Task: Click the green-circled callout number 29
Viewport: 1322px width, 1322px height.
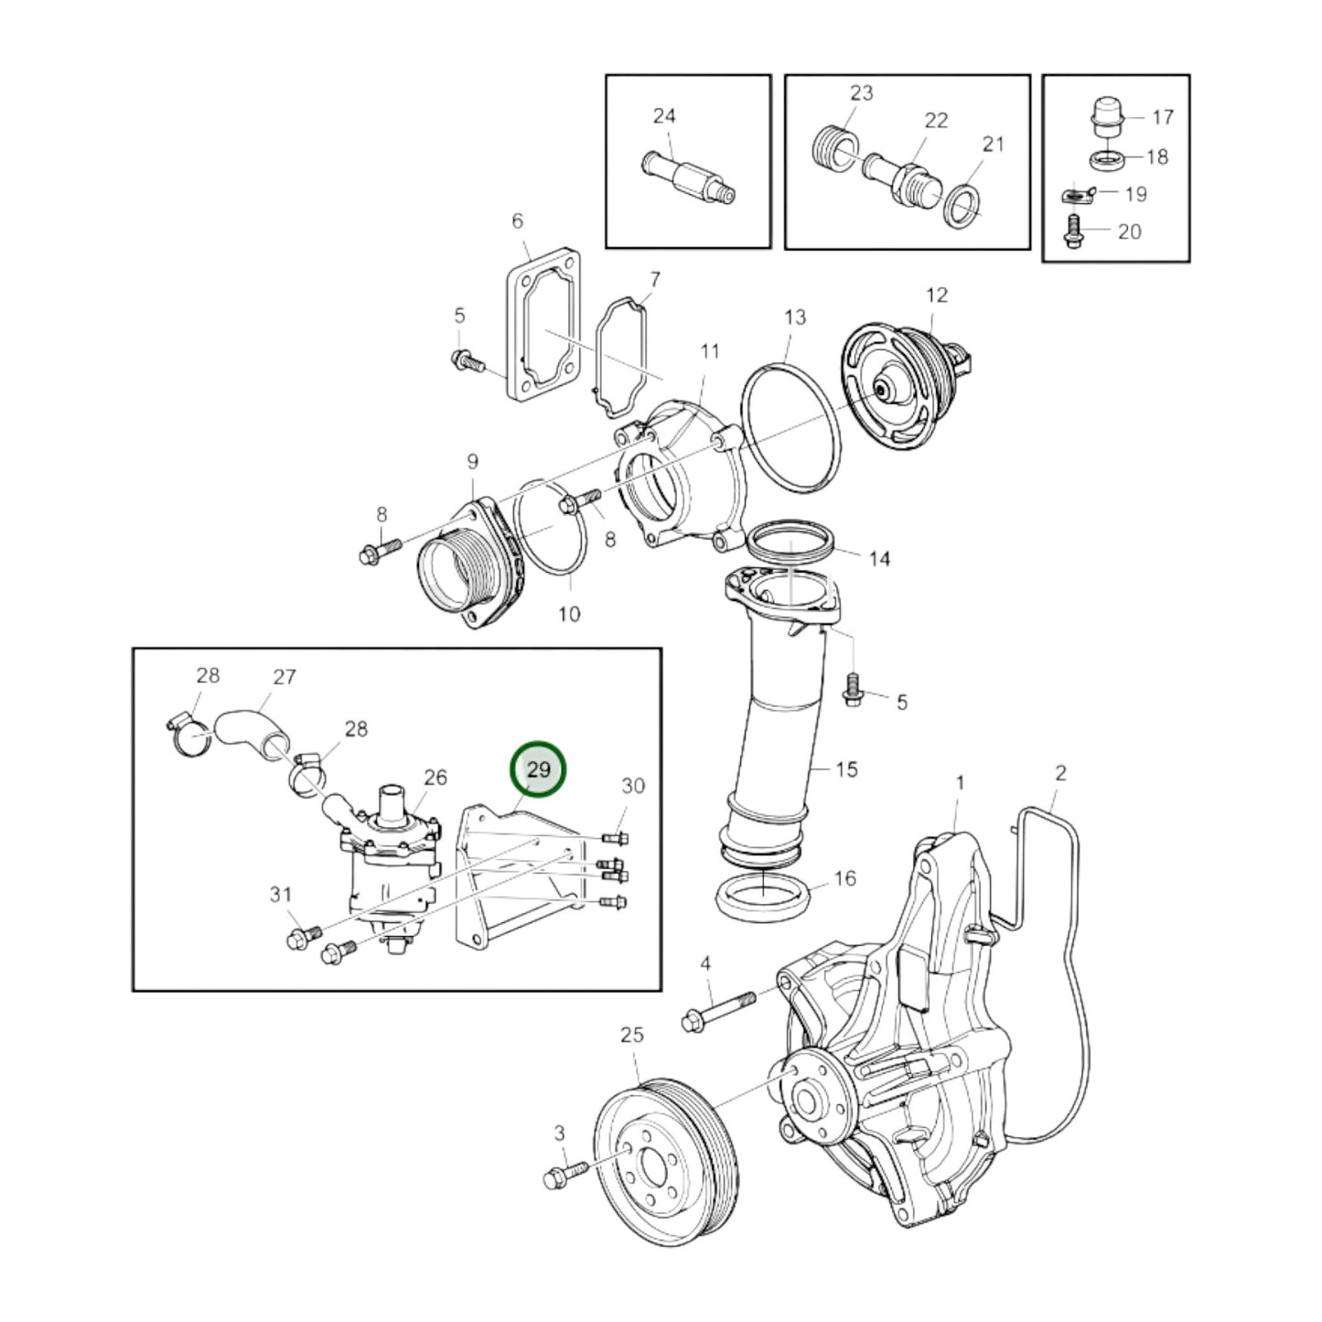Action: pyautogui.click(x=539, y=769)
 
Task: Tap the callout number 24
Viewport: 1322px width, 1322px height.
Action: pyautogui.click(x=663, y=116)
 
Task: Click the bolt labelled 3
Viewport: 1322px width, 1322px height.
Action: pyautogui.click(x=564, y=1175)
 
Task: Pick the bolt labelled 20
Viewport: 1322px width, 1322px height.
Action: pyautogui.click(x=1072, y=231)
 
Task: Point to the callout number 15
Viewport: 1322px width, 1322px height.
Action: pyautogui.click(x=846, y=769)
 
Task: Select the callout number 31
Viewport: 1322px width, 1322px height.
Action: pyautogui.click(x=281, y=895)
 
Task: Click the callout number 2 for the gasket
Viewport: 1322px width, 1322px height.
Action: pyautogui.click(x=1060, y=773)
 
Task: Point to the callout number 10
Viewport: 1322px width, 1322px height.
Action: pyautogui.click(x=569, y=614)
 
